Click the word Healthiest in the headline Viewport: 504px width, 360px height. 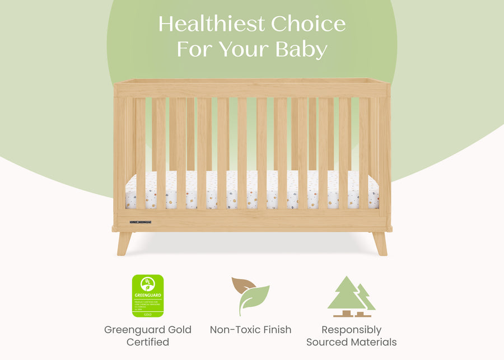(x=211, y=24)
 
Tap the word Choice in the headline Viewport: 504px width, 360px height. (x=308, y=24)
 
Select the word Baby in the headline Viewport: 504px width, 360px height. (x=301, y=49)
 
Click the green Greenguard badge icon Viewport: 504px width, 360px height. (x=148, y=296)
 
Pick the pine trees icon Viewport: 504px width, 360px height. (x=351, y=296)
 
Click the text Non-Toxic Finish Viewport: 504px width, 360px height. (x=250, y=330)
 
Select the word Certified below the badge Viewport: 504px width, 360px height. (x=148, y=342)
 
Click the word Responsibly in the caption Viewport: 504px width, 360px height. (x=351, y=330)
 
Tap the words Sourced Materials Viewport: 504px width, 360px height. (x=351, y=342)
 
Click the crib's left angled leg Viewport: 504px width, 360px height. (x=124, y=243)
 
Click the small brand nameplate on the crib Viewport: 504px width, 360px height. (x=141, y=222)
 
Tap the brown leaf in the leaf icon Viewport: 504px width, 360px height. (x=244, y=286)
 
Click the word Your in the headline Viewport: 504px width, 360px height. (x=244, y=49)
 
